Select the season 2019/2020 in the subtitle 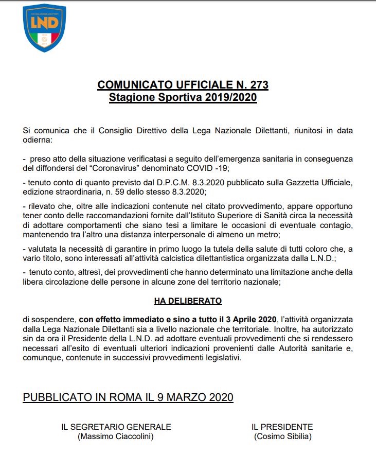(x=229, y=97)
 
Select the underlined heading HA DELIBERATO (x=188, y=300)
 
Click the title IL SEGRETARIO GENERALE (x=116, y=427)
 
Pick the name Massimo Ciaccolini (x=116, y=436)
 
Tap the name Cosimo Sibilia (x=282, y=436)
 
